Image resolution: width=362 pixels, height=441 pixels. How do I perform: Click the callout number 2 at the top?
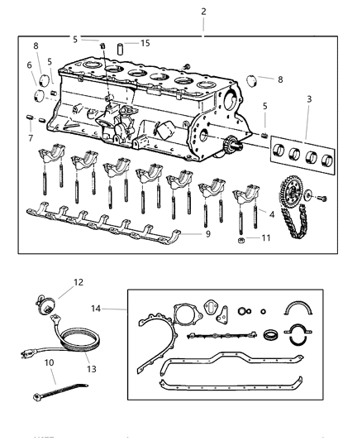[204, 12]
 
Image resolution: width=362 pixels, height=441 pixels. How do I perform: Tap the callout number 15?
[145, 42]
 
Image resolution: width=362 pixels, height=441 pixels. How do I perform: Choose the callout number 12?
[29, 65]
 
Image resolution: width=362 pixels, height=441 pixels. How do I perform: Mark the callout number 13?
[31, 137]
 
